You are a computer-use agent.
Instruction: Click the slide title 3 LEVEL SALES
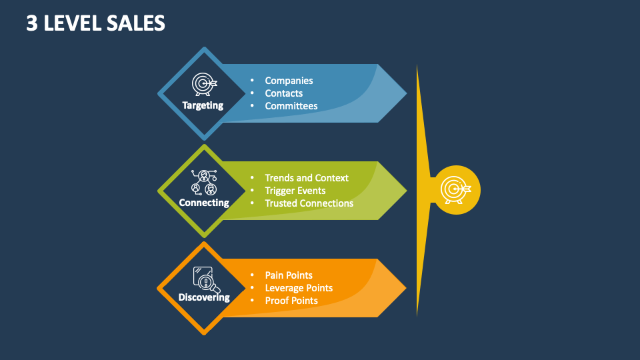point(96,23)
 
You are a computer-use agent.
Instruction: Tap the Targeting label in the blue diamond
point(203,105)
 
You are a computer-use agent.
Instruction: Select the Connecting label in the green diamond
point(204,203)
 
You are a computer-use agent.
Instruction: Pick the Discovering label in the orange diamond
point(204,297)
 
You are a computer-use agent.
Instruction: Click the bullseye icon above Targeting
point(204,84)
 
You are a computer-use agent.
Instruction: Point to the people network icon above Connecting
point(204,182)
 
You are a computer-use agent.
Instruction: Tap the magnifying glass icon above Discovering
point(205,279)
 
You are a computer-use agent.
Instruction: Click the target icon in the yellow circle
point(456,190)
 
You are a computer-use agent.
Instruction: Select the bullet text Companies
point(289,81)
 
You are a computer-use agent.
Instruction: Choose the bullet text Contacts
point(284,93)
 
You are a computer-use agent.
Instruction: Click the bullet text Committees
point(291,106)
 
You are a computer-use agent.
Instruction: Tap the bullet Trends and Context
point(307,178)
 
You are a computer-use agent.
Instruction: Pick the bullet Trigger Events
point(295,191)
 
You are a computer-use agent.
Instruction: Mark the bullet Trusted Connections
point(309,203)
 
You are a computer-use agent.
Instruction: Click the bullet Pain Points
point(289,275)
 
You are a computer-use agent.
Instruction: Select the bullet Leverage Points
point(299,288)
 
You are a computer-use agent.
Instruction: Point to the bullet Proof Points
point(291,301)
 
